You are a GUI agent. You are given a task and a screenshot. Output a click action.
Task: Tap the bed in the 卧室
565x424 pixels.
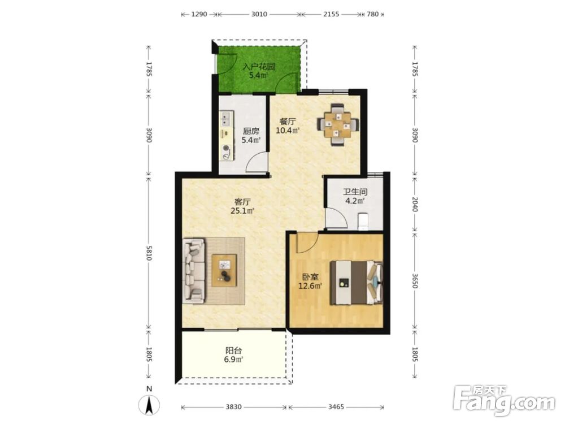(x=357, y=283)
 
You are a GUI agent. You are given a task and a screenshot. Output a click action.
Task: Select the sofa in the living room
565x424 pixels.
(x=194, y=270)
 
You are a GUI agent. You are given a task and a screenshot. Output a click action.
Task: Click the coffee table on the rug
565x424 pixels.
(x=224, y=270)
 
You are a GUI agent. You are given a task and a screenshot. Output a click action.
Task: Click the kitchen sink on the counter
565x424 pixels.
(x=227, y=118)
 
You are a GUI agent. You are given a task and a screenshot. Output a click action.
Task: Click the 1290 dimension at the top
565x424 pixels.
(x=199, y=15)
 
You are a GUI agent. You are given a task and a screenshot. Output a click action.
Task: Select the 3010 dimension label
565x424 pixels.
(x=259, y=15)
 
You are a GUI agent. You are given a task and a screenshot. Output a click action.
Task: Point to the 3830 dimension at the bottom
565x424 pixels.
(x=234, y=407)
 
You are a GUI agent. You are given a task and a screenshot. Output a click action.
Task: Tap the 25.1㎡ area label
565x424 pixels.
(x=242, y=211)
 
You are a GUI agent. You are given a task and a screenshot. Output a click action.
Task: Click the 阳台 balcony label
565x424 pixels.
(x=233, y=350)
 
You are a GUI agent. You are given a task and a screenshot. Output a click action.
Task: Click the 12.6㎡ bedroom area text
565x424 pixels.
(x=310, y=286)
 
